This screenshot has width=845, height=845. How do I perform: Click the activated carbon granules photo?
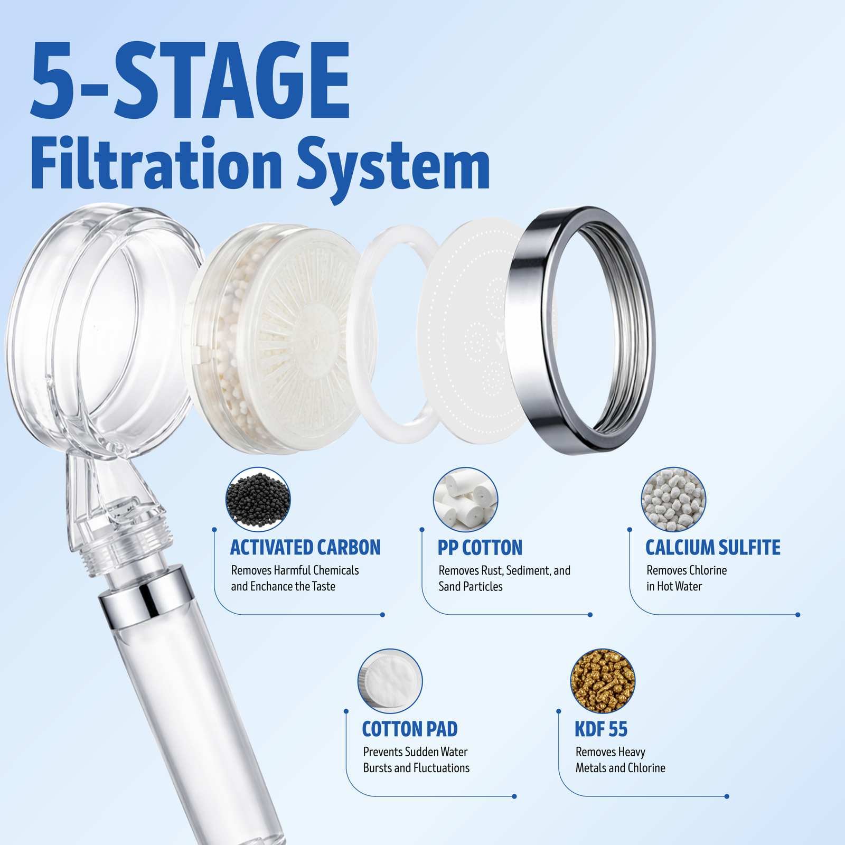258,499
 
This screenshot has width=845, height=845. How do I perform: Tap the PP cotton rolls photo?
466,499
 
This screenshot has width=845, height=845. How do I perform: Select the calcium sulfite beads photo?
673,499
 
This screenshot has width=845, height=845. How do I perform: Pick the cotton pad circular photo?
390,681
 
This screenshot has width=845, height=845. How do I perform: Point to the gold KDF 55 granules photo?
603,681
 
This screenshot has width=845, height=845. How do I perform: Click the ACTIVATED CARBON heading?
305,548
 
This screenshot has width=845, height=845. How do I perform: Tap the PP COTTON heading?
480,548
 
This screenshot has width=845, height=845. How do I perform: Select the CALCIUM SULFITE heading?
713,548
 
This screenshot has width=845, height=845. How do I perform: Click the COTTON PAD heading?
410,729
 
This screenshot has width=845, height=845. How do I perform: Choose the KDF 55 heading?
601,729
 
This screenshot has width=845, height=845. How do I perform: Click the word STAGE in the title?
231,80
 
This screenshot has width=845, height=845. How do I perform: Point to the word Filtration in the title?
157,164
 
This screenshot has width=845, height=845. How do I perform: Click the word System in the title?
393,168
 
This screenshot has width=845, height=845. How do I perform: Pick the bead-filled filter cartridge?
280,338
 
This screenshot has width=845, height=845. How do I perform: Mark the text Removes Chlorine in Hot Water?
687,578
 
